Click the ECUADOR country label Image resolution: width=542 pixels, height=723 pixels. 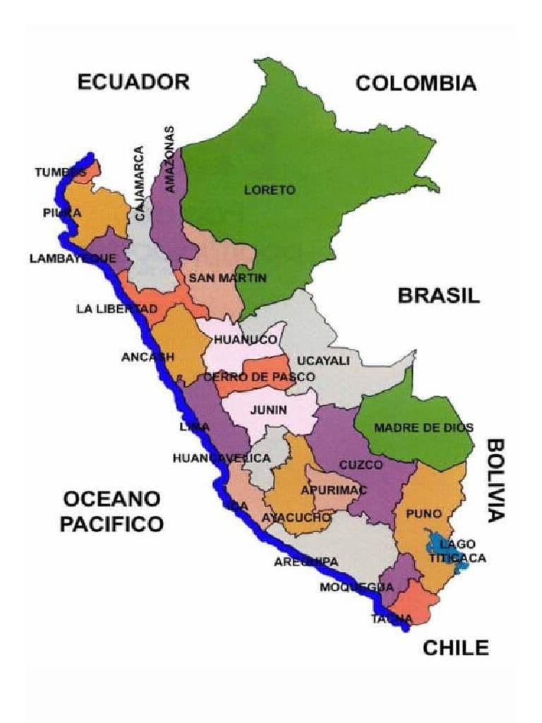click(133, 82)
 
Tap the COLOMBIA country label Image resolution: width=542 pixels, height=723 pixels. click(416, 84)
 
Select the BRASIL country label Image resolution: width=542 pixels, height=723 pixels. click(438, 295)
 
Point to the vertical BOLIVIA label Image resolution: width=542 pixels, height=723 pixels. click(495, 479)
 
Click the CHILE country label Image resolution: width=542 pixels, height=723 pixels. click(455, 648)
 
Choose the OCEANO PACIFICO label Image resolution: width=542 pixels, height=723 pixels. click(112, 512)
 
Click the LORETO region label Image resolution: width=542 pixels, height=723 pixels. click(270, 190)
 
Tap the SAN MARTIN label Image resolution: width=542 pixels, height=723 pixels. click(227, 278)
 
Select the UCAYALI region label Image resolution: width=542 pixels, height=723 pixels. click(323, 361)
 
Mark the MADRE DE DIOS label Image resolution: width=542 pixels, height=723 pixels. click(414, 428)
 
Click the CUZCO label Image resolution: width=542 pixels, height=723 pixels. click(361, 465)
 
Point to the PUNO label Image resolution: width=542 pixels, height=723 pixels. click(423, 513)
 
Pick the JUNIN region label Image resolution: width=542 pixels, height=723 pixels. click(268, 410)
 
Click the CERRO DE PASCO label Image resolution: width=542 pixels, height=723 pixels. click(259, 377)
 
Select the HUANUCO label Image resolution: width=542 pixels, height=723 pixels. click(246, 340)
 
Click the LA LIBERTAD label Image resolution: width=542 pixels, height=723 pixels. click(116, 309)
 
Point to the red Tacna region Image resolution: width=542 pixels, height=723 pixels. click(413, 606)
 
